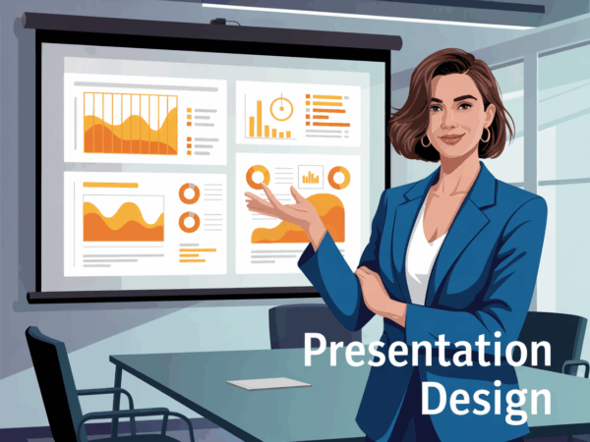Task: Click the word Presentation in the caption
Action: click(428, 350)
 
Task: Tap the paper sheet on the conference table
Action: click(268, 383)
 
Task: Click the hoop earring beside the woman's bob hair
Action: click(486, 135)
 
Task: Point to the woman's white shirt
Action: click(423, 255)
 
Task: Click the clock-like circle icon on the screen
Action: click(281, 109)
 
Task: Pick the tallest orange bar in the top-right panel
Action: click(260, 119)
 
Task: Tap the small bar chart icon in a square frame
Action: click(311, 177)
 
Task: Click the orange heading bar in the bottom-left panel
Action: click(110, 185)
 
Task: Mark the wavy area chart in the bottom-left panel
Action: click(124, 221)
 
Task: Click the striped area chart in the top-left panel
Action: click(130, 124)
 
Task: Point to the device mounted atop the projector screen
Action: click(219, 22)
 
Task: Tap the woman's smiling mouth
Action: click(451, 138)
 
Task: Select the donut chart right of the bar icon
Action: click(339, 178)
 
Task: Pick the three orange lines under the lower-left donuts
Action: click(198, 255)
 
